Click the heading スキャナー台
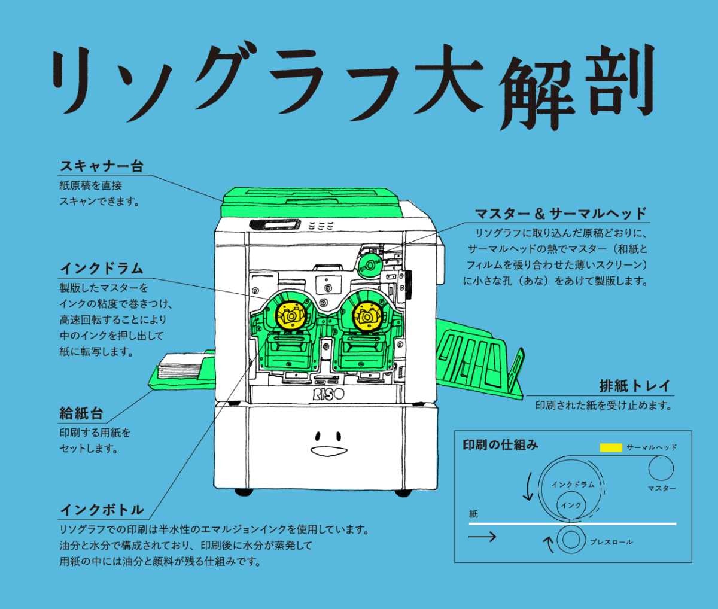click(101, 166)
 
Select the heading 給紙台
click(81, 412)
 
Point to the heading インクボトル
click(101, 510)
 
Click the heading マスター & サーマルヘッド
click(561, 214)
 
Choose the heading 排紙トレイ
click(634, 385)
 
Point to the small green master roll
click(369, 264)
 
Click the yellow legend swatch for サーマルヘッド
click(611, 447)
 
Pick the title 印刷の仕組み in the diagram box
click(500, 445)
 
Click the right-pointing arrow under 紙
click(482, 537)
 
